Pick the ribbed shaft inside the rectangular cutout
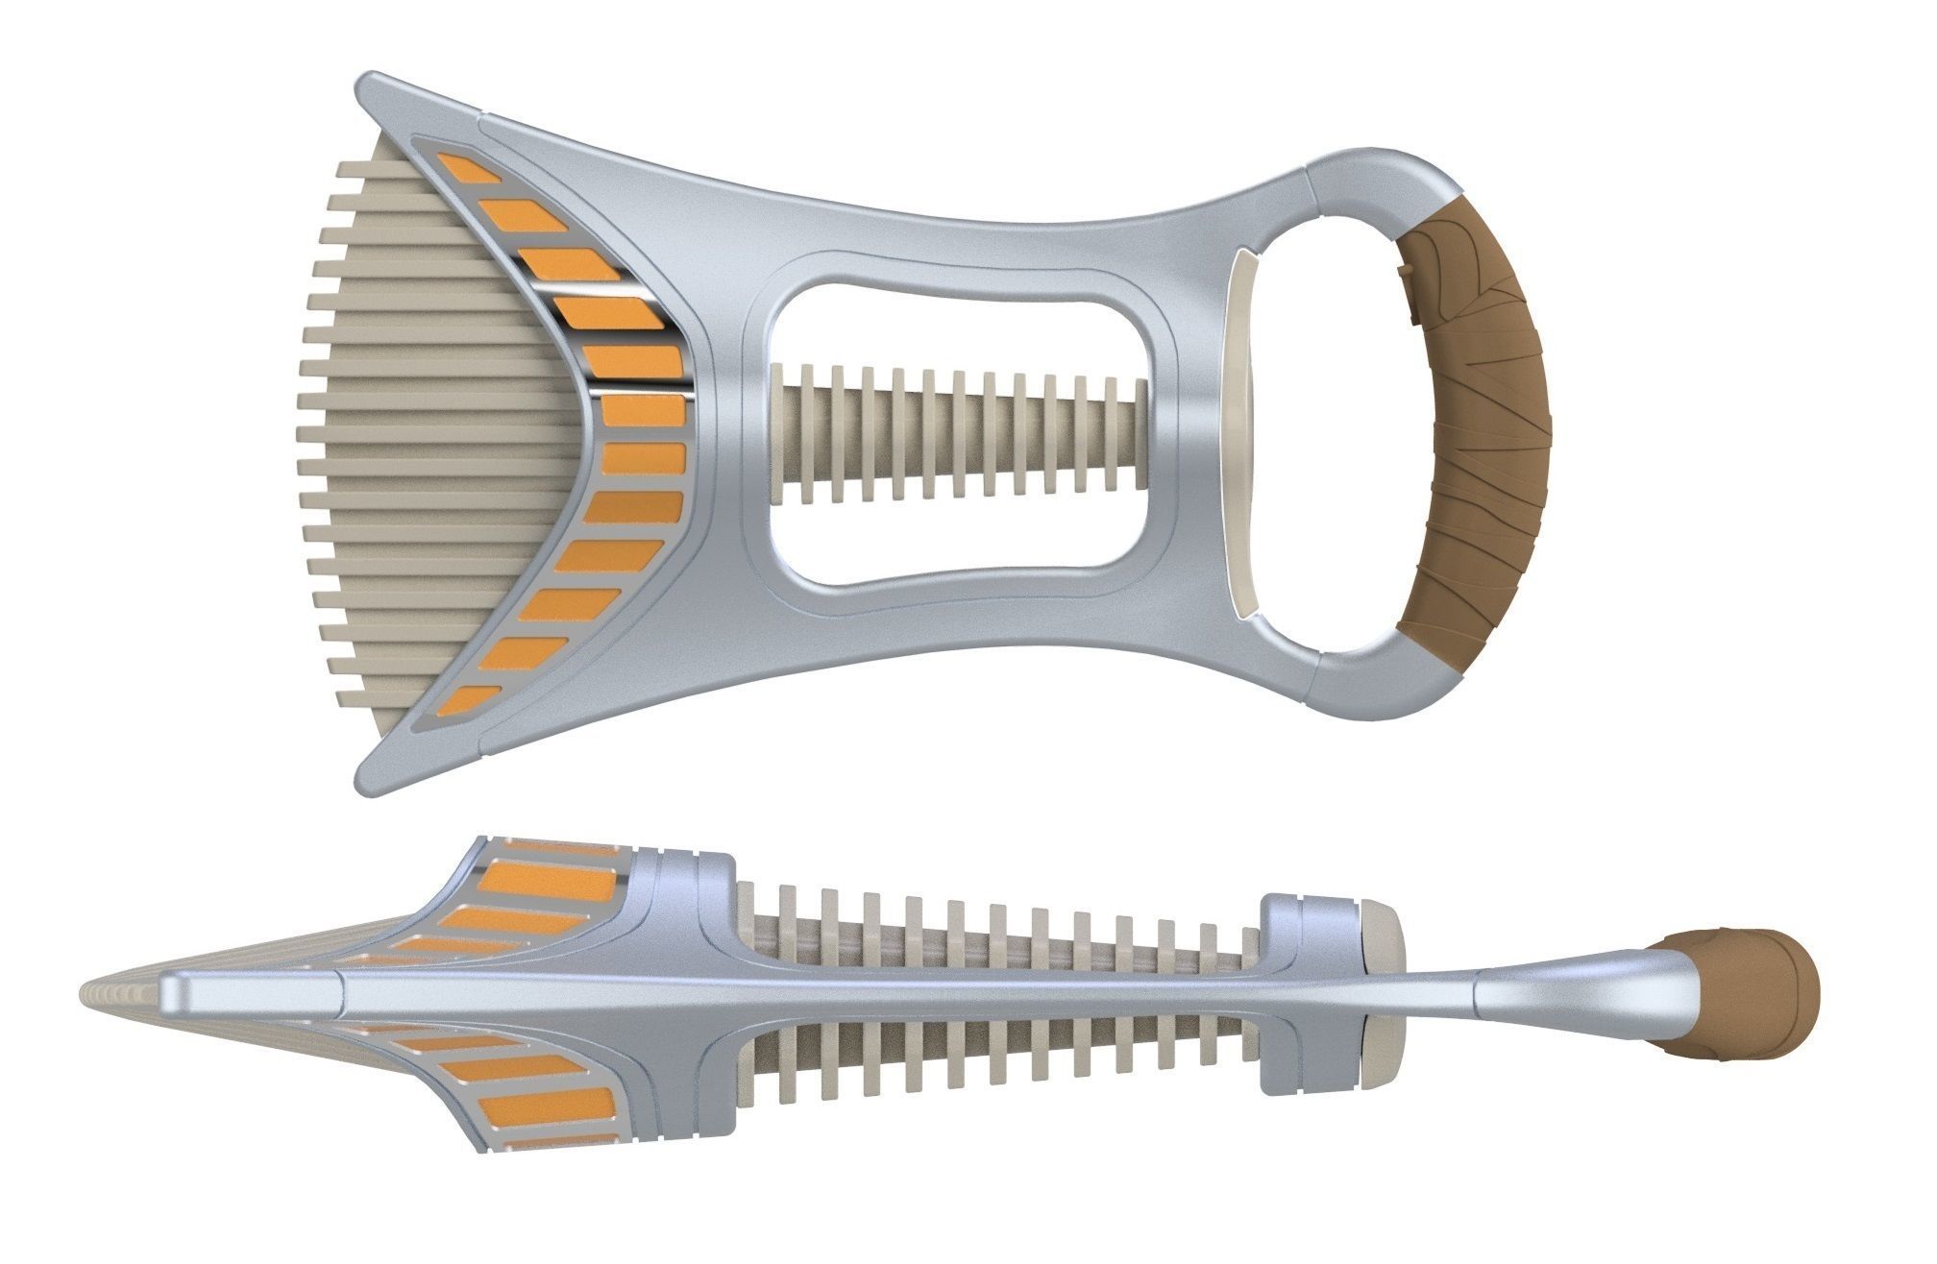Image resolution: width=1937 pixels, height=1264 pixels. point(961,433)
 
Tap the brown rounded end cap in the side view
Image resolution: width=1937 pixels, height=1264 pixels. point(1743,995)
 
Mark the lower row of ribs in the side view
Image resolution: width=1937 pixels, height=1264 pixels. point(999,1062)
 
